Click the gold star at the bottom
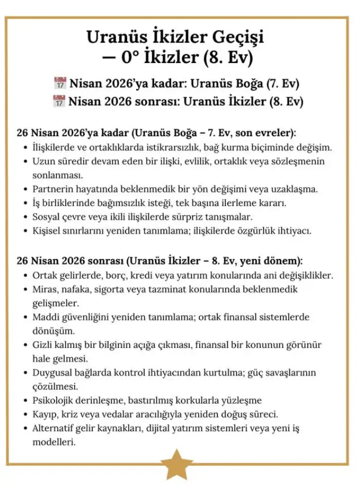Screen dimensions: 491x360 click(177, 463)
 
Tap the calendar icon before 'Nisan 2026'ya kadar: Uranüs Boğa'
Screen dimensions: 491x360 click(60, 83)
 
